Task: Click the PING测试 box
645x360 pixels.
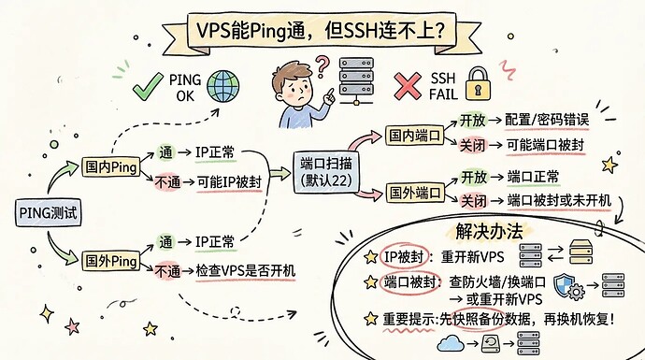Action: point(48,212)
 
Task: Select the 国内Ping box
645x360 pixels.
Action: point(110,167)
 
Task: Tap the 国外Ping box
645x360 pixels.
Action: point(110,261)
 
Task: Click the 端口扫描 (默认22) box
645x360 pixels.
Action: point(326,172)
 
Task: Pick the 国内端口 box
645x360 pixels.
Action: point(414,136)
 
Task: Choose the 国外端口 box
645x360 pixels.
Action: point(415,193)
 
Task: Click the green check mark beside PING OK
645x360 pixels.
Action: point(148,86)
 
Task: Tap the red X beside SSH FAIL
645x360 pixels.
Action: point(408,86)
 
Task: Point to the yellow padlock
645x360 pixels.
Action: point(478,84)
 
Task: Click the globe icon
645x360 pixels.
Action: point(223,86)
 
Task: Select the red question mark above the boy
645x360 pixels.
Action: point(322,67)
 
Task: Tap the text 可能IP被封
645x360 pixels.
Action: point(229,181)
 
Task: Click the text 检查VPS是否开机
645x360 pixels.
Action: point(246,271)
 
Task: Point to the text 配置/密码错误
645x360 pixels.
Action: point(547,120)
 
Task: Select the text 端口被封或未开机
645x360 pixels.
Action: point(559,201)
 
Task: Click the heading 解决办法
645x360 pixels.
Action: point(489,232)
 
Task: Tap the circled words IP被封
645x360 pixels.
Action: point(404,257)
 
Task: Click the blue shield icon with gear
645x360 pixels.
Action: point(569,286)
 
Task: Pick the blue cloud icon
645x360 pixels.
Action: point(450,343)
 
